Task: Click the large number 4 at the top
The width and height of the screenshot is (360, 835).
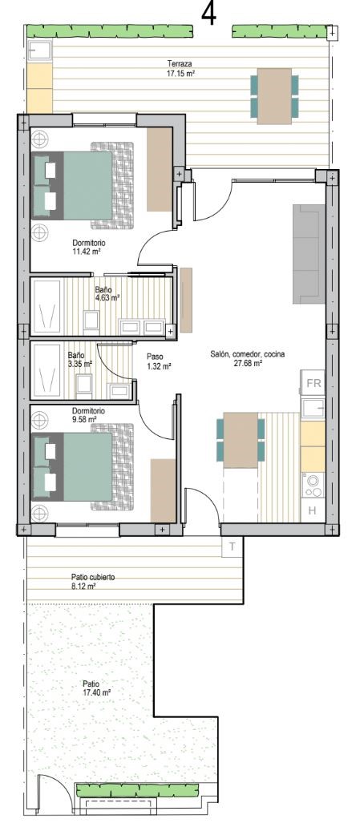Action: pyautogui.click(x=209, y=14)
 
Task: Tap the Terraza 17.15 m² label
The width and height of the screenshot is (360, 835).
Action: pyautogui.click(x=179, y=69)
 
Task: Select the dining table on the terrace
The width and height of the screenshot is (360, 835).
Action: pyautogui.click(x=274, y=96)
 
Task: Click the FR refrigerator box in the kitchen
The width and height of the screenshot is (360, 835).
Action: pyautogui.click(x=313, y=383)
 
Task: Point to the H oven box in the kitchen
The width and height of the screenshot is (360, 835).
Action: pyautogui.click(x=313, y=510)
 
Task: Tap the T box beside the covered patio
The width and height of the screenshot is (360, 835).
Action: pyautogui.click(x=233, y=546)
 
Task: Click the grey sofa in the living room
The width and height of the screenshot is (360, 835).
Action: pyautogui.click(x=309, y=254)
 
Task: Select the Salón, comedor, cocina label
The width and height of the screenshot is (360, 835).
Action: pyautogui.click(x=247, y=359)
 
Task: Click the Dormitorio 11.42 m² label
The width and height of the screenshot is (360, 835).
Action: pyautogui.click(x=89, y=247)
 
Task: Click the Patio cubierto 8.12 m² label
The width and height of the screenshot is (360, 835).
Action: pyautogui.click(x=93, y=581)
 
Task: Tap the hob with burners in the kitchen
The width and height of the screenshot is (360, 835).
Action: pyautogui.click(x=313, y=485)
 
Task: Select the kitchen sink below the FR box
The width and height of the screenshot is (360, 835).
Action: pyautogui.click(x=313, y=409)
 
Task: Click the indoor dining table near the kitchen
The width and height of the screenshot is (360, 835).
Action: pyautogui.click(x=241, y=440)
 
